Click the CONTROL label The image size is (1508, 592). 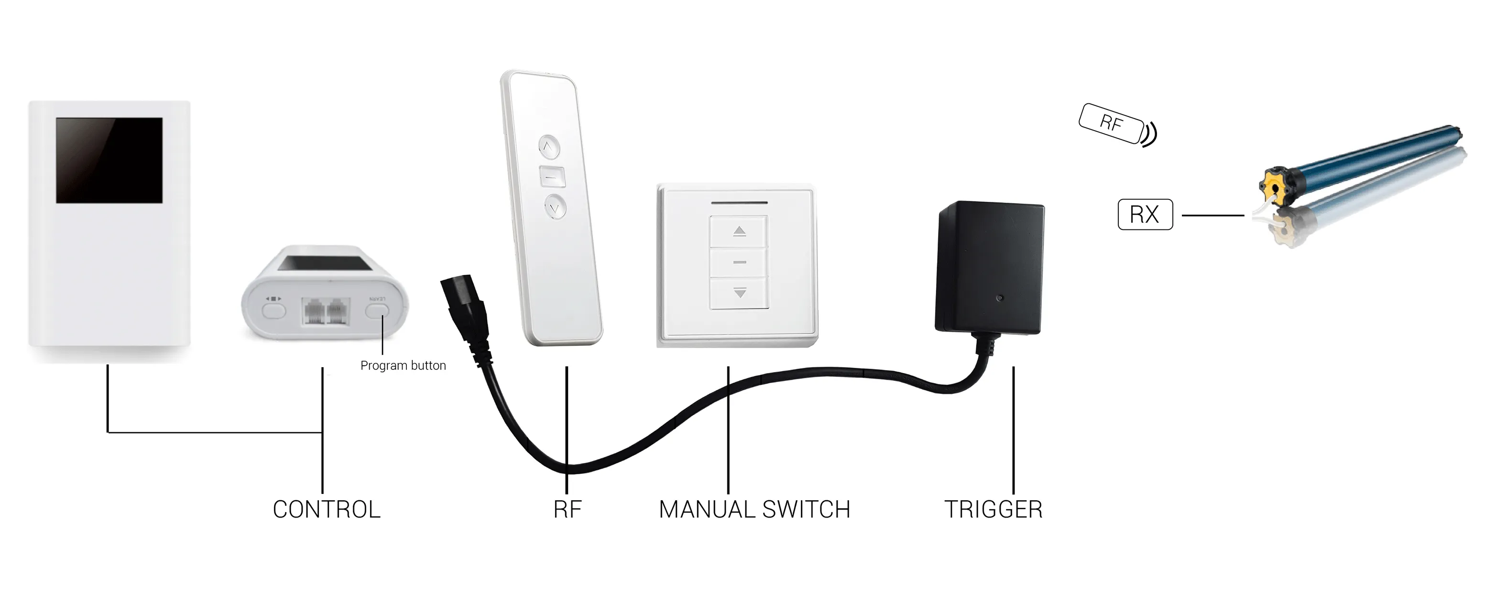click(327, 509)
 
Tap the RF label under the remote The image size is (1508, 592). click(567, 509)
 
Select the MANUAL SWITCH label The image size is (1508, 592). click(754, 509)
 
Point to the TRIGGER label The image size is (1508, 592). click(993, 509)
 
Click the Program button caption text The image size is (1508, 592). click(403, 365)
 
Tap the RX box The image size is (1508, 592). click(1145, 214)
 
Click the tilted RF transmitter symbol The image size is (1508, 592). click(1111, 123)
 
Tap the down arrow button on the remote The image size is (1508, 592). click(556, 207)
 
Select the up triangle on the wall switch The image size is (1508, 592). click(739, 231)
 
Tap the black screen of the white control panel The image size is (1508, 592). click(109, 160)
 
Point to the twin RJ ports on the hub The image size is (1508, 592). click(326, 311)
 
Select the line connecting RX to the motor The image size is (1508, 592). click(1213, 216)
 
